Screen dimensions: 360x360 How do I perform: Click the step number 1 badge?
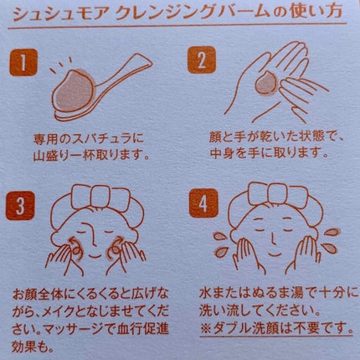point(23,62)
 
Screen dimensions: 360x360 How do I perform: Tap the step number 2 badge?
point(202,59)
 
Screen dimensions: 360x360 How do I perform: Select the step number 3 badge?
point(20,206)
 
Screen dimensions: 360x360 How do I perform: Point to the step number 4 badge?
point(203,203)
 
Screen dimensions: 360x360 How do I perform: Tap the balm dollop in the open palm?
point(265,85)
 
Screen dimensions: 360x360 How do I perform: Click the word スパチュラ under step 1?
point(104,139)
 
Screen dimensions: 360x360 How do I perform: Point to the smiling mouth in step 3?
point(94,255)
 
